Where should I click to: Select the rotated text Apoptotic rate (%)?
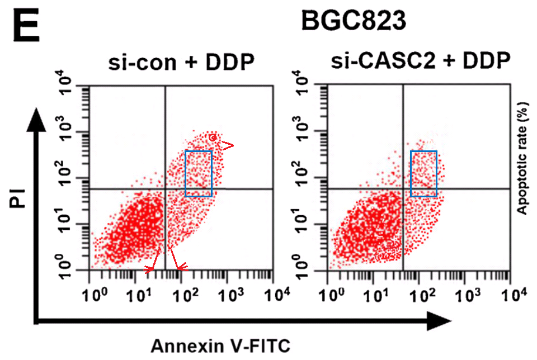(522, 158)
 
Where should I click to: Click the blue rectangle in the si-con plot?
(199, 174)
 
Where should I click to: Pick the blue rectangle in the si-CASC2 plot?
(423, 174)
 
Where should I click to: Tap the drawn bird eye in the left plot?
(213, 138)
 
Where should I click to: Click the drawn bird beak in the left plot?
(227, 146)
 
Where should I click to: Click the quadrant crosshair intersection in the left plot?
(166, 189)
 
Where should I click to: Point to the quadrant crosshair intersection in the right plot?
(403, 189)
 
